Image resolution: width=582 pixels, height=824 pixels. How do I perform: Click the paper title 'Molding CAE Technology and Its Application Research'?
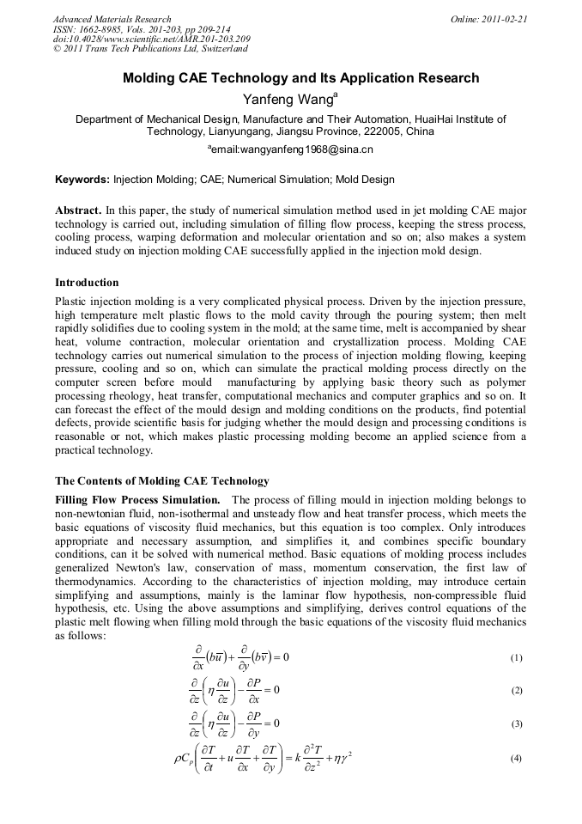point(300,78)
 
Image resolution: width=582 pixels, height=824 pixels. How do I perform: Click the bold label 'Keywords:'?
point(82,180)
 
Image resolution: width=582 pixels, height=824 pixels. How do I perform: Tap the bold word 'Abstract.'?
point(79,211)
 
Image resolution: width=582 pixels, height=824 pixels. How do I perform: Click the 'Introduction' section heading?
point(87,283)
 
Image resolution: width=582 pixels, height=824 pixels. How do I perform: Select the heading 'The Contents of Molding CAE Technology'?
point(161,480)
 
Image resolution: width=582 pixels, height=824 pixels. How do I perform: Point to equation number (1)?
point(516,658)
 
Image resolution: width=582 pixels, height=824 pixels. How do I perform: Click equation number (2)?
point(516,691)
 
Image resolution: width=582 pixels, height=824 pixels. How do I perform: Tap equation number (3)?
point(516,724)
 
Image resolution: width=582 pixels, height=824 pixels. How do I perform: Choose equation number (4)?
point(516,759)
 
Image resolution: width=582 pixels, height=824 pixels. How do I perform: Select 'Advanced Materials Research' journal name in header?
point(112,19)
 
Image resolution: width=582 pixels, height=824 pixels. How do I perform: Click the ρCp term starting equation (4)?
point(185,760)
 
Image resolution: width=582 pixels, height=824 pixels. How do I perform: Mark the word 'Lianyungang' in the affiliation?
point(236,131)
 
